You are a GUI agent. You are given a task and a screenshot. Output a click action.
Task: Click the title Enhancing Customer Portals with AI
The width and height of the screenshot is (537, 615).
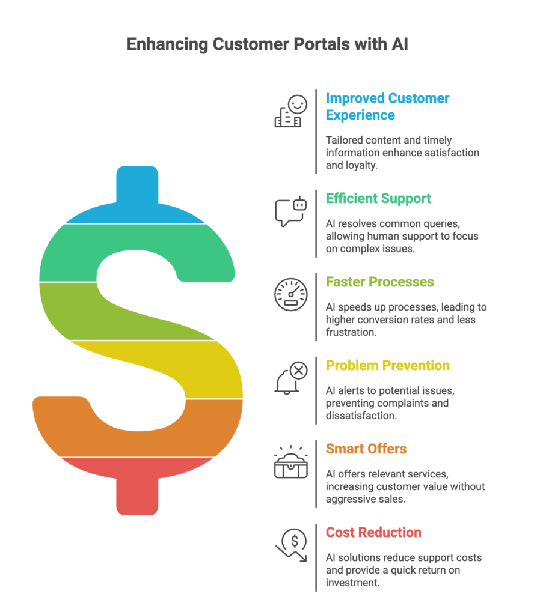(267, 44)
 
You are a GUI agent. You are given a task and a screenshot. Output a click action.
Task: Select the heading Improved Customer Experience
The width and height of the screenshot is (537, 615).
(387, 106)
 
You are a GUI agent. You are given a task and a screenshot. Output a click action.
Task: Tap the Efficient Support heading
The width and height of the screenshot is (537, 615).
(378, 198)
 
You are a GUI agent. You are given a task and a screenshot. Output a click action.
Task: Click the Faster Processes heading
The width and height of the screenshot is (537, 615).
(380, 282)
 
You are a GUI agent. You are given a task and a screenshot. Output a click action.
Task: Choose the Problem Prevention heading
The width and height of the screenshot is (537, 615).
(388, 365)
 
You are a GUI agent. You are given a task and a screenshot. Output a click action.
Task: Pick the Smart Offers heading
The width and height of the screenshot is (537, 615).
(366, 449)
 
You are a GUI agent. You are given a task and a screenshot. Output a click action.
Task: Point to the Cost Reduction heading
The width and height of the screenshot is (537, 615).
(373, 532)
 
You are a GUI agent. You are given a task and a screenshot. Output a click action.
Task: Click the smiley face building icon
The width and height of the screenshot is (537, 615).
(290, 111)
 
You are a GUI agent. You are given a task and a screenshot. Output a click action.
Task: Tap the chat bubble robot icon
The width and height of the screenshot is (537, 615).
(290, 211)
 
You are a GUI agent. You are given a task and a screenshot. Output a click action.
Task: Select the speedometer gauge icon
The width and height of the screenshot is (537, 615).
(290, 295)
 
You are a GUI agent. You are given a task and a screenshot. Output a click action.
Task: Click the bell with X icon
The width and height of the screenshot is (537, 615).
(290, 378)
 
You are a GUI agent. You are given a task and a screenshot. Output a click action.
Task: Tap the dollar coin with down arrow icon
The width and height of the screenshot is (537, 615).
(291, 545)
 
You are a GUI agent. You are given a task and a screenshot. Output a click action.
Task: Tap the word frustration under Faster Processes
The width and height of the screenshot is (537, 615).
(351, 332)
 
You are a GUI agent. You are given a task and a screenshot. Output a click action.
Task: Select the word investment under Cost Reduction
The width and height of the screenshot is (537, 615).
(353, 583)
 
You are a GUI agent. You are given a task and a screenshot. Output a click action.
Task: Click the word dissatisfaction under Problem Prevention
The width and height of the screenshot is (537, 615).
(361, 416)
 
